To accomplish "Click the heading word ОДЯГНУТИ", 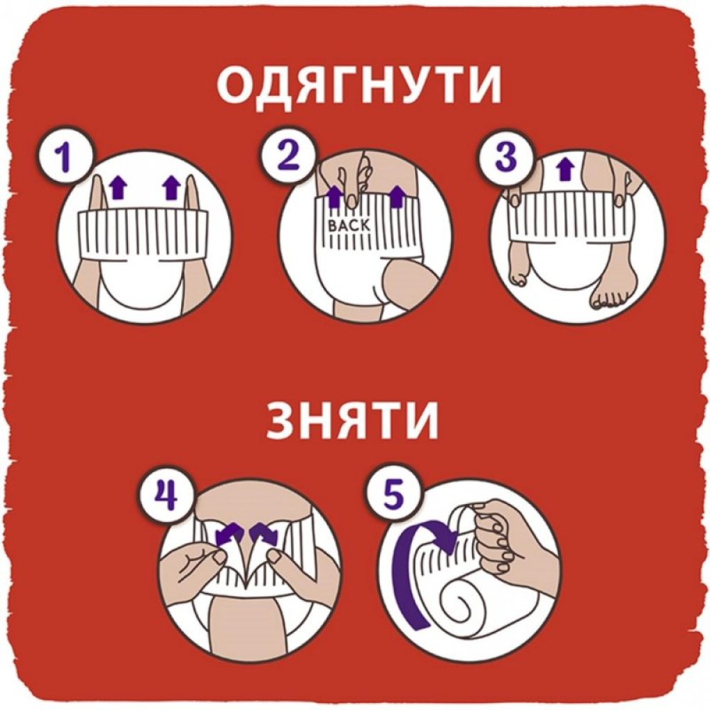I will click(358, 87).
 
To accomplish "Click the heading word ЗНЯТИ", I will click(353, 420).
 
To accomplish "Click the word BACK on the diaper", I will click(349, 224).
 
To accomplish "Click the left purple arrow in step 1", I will click(119, 188).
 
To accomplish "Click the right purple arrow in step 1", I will click(170, 188).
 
